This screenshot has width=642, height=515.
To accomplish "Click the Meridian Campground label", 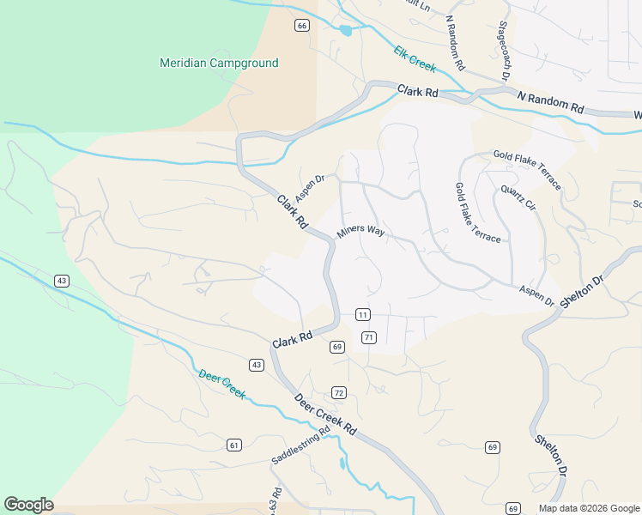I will [x=220, y=64].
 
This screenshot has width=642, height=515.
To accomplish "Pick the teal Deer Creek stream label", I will [x=221, y=385].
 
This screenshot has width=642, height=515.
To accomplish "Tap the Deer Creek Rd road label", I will [x=324, y=414].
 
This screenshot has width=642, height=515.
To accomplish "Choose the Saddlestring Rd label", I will [x=300, y=448].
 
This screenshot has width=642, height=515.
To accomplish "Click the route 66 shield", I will [x=301, y=26].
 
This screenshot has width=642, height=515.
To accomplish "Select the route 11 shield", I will [x=363, y=315].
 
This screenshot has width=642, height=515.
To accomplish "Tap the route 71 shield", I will [x=369, y=337].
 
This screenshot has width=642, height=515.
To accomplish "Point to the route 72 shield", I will [x=339, y=393].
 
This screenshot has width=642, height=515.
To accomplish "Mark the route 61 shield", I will [x=234, y=445].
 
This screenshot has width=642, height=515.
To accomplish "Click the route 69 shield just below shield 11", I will [x=336, y=347].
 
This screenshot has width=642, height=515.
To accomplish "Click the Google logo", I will [x=28, y=505].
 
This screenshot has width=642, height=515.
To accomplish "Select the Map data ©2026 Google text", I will [x=588, y=508].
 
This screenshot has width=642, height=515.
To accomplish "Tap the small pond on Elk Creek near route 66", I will [x=345, y=31].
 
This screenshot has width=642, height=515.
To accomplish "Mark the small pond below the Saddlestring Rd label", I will [x=343, y=464].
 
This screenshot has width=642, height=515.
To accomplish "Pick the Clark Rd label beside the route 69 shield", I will [x=293, y=340].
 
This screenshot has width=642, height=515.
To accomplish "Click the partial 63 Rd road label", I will [x=276, y=500].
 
